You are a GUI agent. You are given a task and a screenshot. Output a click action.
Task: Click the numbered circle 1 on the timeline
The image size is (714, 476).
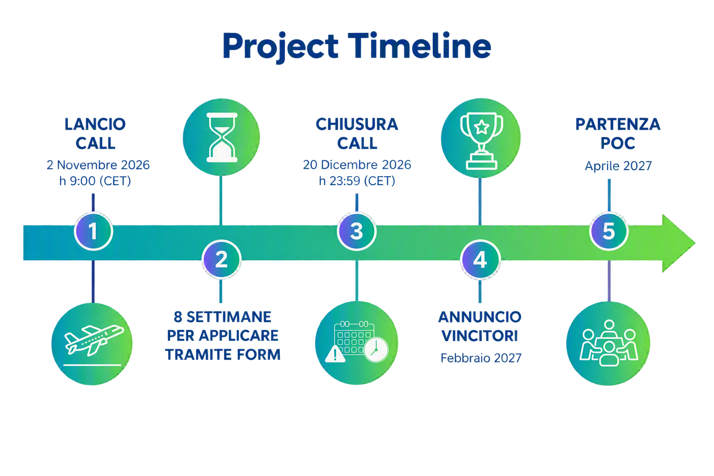93,231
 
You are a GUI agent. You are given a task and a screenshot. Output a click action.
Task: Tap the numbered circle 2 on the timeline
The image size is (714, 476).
222,259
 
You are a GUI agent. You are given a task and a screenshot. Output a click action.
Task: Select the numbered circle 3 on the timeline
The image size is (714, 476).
357,231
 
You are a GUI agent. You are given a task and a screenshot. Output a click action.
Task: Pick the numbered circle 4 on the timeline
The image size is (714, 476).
480,259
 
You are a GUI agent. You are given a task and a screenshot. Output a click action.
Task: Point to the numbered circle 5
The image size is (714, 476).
609,231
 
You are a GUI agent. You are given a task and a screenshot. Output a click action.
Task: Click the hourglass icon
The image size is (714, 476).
222,137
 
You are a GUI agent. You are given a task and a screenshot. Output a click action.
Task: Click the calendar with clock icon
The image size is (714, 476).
357,343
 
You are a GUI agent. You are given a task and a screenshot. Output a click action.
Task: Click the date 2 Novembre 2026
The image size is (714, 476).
98,165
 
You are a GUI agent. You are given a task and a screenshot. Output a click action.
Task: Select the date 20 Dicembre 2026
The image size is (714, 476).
357,165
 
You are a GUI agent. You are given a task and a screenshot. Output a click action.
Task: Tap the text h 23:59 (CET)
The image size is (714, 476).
357,181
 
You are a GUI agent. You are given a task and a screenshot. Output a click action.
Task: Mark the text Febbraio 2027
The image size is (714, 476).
481,358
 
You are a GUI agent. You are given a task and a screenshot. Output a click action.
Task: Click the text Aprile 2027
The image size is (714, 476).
618,166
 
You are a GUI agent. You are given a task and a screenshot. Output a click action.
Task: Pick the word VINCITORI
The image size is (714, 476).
480,336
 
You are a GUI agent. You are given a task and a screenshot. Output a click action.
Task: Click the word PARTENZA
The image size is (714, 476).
618,124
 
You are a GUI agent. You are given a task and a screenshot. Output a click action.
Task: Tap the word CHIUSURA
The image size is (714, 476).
357,124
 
